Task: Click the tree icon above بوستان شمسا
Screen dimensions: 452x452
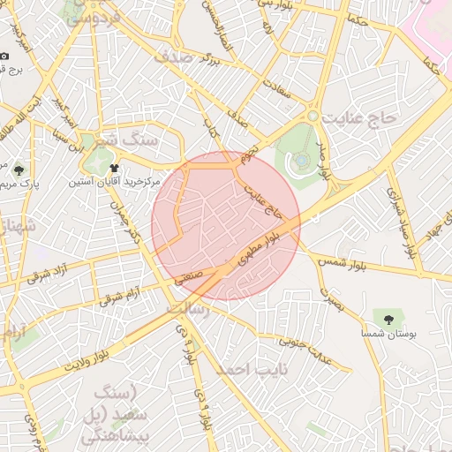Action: click(387, 317)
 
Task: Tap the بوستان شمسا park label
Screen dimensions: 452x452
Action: click(387, 335)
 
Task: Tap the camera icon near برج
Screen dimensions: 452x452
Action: click(4, 56)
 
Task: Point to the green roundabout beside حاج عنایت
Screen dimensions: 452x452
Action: click(313, 116)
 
